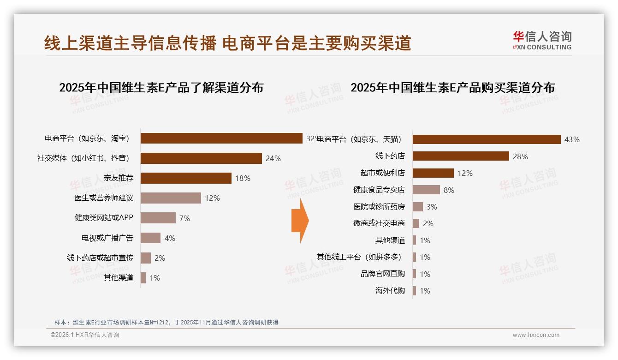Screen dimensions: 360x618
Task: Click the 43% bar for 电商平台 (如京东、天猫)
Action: (x=486, y=139)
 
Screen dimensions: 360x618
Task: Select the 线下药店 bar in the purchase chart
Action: (x=460, y=156)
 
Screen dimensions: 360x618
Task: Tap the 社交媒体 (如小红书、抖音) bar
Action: (x=201, y=158)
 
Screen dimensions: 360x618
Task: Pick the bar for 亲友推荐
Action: (x=186, y=178)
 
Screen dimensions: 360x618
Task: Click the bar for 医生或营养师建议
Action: (x=171, y=198)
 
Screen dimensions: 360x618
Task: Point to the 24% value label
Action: (x=273, y=158)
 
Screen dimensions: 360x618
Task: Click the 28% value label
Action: (x=520, y=156)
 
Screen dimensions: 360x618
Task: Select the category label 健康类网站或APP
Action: (x=104, y=218)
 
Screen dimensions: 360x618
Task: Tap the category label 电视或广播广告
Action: (x=107, y=238)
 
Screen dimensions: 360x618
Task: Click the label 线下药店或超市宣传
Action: (x=100, y=258)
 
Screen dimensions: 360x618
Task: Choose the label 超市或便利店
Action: (x=382, y=173)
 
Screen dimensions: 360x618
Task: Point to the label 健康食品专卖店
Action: (x=379, y=190)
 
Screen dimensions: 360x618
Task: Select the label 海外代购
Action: (x=390, y=291)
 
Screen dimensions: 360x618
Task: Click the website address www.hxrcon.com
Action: (x=535, y=335)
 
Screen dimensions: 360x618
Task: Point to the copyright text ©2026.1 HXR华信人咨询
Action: (x=84, y=335)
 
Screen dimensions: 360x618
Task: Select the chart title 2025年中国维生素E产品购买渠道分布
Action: (x=452, y=87)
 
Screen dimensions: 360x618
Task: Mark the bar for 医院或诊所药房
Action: (x=418, y=207)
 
